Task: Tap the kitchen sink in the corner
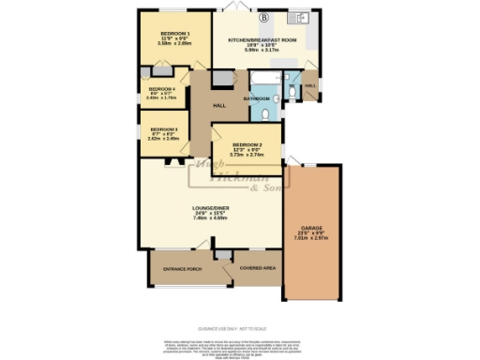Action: tap(301, 17)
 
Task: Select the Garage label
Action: tap(312, 229)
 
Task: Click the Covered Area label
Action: tap(257, 267)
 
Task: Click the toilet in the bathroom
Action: tap(266, 113)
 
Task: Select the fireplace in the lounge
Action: tap(172, 162)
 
